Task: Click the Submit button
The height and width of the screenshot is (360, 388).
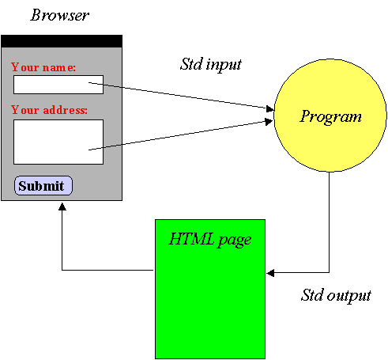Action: (43, 186)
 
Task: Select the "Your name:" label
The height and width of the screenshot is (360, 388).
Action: (43, 67)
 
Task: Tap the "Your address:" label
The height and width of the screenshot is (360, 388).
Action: (49, 110)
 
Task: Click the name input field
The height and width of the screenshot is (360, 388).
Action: (58, 85)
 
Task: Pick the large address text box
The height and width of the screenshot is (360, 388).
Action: (58, 142)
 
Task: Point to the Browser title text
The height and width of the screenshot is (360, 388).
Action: (60, 15)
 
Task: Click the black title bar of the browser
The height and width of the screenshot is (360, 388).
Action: (62, 41)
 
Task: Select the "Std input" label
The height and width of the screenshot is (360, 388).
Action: (211, 64)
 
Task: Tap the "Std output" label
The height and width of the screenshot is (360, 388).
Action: (336, 295)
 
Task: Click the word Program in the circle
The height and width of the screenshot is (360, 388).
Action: (331, 116)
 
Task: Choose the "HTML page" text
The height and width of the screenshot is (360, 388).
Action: (209, 240)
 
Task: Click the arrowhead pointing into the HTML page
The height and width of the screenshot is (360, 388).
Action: (270, 273)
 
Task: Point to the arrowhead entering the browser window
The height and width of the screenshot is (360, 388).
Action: (62, 207)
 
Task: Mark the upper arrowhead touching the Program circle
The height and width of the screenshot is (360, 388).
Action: (269, 108)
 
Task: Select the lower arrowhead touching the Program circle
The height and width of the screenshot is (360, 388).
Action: (269, 122)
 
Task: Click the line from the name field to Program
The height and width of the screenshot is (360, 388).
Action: (178, 95)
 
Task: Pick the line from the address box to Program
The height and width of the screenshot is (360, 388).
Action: (177, 135)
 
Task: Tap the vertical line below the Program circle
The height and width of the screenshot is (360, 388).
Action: (329, 222)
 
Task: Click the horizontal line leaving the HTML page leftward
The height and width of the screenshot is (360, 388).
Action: (107, 270)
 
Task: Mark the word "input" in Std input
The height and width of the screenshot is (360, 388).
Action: (224, 65)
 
